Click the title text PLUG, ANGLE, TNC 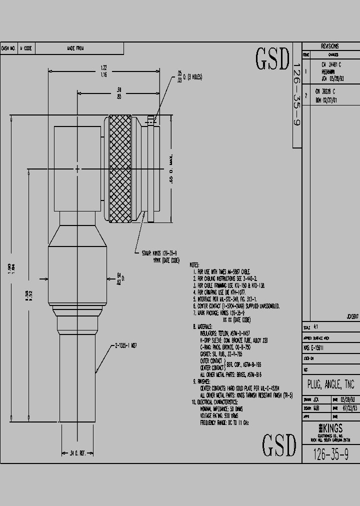point(330,385)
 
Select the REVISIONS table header point(330,45)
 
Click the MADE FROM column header point(75,48)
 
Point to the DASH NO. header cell point(9,48)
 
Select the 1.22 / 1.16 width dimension point(104,71)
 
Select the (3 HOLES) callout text point(192,76)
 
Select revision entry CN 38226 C point(325,92)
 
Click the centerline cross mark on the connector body point(77,169)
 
